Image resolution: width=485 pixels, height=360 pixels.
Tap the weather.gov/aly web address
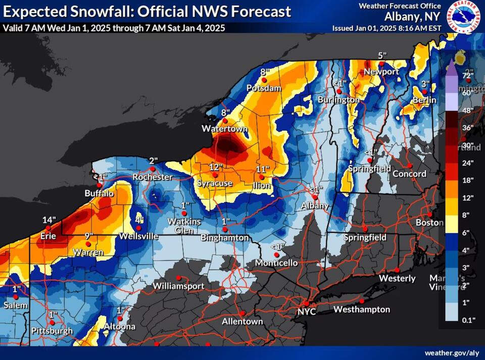click(451, 352)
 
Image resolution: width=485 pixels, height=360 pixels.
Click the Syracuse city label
click(214, 183)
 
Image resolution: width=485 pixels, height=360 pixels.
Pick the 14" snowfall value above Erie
click(48, 221)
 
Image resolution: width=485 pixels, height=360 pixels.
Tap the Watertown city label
click(225, 129)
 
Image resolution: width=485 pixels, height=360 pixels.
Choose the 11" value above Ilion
click(263, 169)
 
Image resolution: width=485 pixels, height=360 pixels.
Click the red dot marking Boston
click(430, 214)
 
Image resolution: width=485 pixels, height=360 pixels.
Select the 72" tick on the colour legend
click(467, 76)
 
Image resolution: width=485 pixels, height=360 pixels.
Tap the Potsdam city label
click(264, 88)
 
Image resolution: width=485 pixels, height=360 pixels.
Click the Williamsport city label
click(178, 286)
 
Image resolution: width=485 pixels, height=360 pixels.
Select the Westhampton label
click(362, 309)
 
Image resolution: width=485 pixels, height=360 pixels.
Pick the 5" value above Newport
click(382, 56)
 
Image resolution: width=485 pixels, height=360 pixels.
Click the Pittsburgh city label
click(52, 331)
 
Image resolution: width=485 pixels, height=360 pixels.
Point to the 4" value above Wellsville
click(139, 220)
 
